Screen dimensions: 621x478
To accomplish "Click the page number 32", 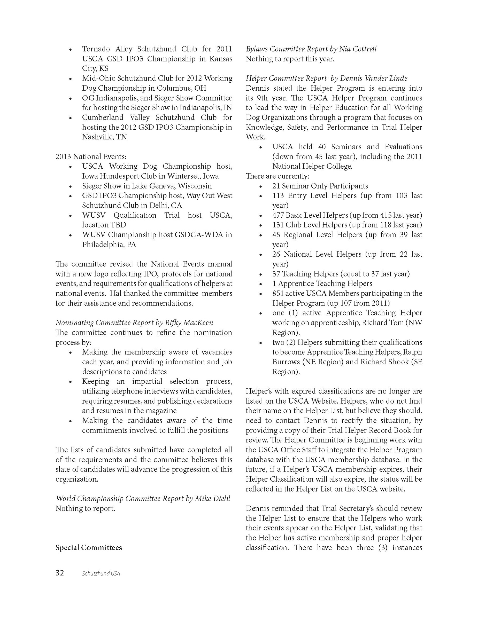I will click(60, 573).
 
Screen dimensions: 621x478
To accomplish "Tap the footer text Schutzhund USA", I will click(101, 573).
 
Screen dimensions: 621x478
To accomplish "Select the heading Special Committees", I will click(89, 548).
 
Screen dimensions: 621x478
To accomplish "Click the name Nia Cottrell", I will click(358, 49).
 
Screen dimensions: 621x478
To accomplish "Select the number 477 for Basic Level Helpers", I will click(278, 215).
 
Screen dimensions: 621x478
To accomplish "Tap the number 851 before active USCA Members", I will click(278, 293).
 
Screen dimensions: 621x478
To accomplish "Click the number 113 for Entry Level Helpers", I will click(278, 196).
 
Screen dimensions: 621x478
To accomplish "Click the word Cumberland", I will click(102, 117).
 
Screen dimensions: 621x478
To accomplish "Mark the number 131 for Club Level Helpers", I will click(278, 225).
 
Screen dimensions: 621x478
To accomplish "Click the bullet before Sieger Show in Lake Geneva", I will click(71, 186).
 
